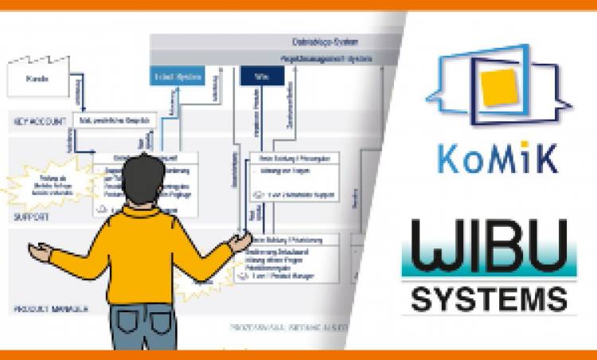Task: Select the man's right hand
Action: pos(240,240)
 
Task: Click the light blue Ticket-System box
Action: pos(178,76)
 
